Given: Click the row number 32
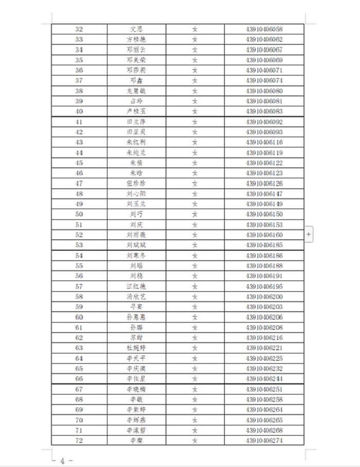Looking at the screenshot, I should (x=79, y=29).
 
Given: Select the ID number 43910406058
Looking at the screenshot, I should (x=264, y=29).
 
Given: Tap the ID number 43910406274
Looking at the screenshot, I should (x=264, y=440).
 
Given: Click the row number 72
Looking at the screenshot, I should (x=79, y=440).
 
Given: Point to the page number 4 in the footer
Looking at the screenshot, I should (x=62, y=461).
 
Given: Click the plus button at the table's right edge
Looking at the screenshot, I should (x=309, y=234).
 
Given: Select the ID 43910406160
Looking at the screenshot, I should (x=264, y=235).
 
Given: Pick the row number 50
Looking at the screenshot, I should (x=79, y=214).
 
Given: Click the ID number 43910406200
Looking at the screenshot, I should (x=264, y=296).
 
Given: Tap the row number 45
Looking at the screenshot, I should (x=79, y=163).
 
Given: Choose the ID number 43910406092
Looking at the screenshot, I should (x=264, y=122).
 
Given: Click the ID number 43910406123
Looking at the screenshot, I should (x=264, y=173).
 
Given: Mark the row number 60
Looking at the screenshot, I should (x=79, y=317).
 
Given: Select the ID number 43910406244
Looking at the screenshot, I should (x=264, y=379).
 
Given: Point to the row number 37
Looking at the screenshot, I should (x=79, y=81).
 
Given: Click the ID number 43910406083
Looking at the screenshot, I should (x=264, y=111).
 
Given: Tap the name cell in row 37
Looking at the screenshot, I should (x=136, y=81).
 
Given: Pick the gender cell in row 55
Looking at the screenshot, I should (x=195, y=266).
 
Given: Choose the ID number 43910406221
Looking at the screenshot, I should (x=264, y=348).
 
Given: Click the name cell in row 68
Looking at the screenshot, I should (x=136, y=399).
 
